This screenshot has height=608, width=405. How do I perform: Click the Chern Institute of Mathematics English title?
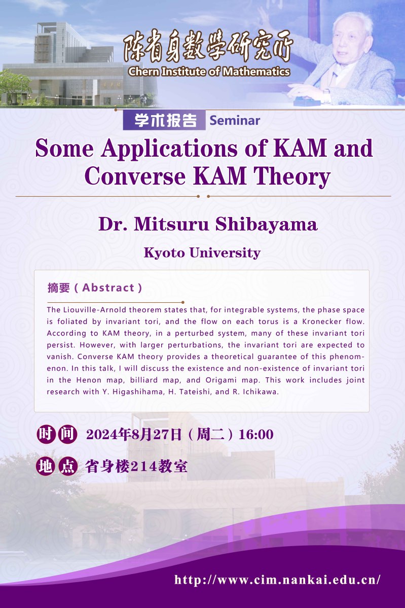(209, 71)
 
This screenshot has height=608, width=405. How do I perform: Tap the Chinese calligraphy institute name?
(208, 46)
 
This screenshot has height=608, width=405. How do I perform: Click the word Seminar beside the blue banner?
(235, 121)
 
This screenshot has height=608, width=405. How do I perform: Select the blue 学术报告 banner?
(164, 121)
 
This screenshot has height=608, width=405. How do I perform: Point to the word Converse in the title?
(135, 176)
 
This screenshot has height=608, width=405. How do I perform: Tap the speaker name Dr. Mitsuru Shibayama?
(208, 224)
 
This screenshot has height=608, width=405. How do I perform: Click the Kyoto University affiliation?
(202, 253)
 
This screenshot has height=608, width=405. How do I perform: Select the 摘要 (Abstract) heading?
(95, 288)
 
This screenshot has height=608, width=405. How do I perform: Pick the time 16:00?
(256, 434)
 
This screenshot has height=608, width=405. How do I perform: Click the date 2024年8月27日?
(134, 434)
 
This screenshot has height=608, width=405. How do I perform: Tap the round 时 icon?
(46, 434)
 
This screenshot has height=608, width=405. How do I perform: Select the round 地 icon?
(46, 466)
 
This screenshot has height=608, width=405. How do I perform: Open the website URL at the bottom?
(277, 580)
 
